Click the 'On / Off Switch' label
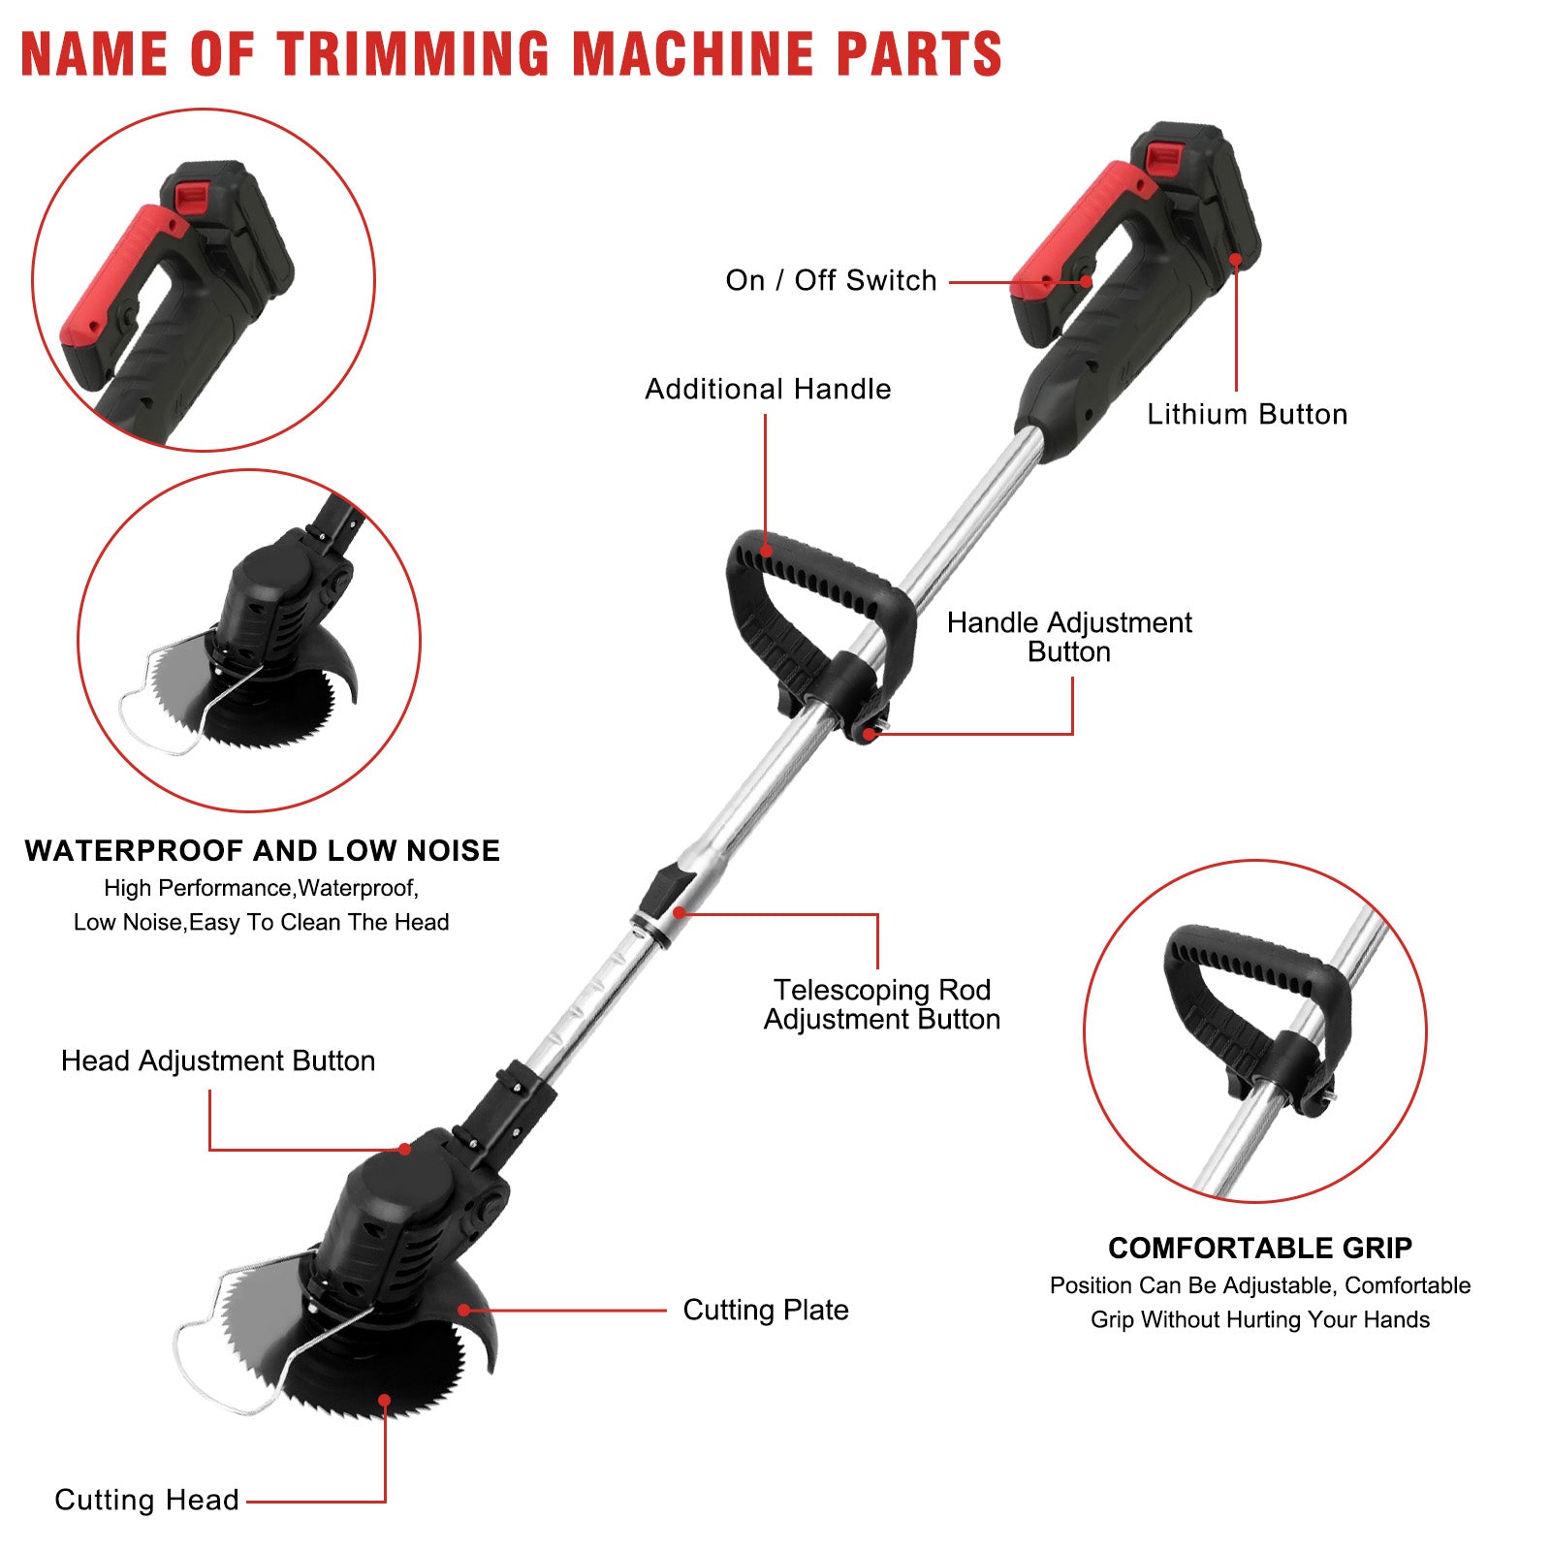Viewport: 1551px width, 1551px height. click(x=831, y=281)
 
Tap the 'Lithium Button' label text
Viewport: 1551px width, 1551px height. click(x=1247, y=414)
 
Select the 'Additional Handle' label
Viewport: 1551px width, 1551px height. click(x=768, y=389)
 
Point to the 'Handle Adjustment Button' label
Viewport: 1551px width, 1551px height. click(x=1069, y=637)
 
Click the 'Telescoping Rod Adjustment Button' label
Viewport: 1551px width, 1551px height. click(x=881, y=1004)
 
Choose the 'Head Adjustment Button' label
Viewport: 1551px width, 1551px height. click(x=218, y=1060)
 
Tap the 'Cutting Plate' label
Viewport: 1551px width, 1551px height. click(x=766, y=1310)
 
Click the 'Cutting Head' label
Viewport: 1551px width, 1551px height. click(x=146, y=1500)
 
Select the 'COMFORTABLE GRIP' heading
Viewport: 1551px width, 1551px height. click(x=1260, y=1248)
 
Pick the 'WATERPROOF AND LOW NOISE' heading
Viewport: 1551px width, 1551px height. click(x=263, y=850)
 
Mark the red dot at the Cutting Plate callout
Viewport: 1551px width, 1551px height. click(x=464, y=1311)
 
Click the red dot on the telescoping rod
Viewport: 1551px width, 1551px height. click(x=680, y=912)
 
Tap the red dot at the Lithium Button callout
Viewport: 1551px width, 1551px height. click(x=1235, y=259)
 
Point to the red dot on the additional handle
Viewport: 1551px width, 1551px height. click(x=766, y=551)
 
